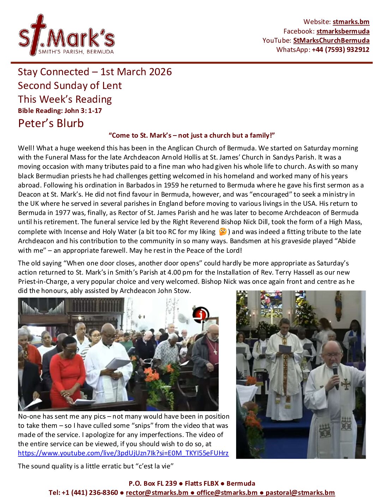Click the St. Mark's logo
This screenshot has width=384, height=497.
(x=66, y=36)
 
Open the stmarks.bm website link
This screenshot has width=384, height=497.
(x=351, y=22)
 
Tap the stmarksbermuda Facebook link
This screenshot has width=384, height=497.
(x=343, y=31)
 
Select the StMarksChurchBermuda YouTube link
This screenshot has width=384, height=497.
(x=331, y=40)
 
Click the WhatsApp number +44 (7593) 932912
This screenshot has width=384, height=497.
(x=340, y=49)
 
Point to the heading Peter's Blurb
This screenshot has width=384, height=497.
(x=51, y=123)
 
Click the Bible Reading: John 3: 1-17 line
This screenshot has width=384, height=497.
(x=60, y=110)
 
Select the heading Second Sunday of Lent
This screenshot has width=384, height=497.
(x=70, y=85)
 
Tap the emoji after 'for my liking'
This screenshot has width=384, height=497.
(x=223, y=232)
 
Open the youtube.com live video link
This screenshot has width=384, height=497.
(x=123, y=453)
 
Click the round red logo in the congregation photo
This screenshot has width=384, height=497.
(x=200, y=314)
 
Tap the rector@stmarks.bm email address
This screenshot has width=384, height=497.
(x=157, y=492)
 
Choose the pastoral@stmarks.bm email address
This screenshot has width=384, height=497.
(x=300, y=492)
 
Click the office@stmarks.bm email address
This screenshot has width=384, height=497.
(x=227, y=492)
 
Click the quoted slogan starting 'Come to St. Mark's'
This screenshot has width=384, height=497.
(x=192, y=136)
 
